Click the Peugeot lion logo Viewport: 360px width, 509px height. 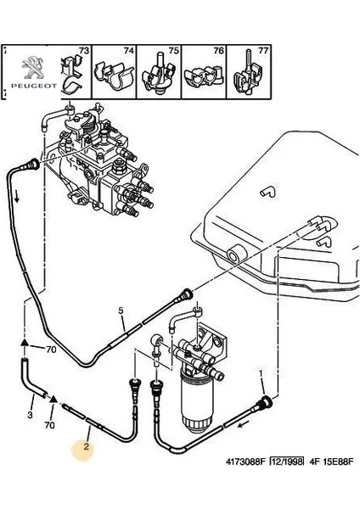pos(34,68)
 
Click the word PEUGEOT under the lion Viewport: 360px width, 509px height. pos(34,86)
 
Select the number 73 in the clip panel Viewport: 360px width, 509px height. pos(83,51)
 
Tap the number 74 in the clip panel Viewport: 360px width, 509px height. pos(129,51)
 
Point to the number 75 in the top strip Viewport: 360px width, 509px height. pos(174,51)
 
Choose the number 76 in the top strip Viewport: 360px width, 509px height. pos(219,51)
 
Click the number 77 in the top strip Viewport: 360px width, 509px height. pos(263,51)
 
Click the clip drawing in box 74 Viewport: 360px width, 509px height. pos(114,77)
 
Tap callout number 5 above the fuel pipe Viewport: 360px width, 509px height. pos(121,310)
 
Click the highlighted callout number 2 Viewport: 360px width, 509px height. pos(86,447)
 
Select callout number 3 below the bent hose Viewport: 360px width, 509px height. pos(30,415)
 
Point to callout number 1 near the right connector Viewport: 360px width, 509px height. pos(261,374)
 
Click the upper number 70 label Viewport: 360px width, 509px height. pos(51,350)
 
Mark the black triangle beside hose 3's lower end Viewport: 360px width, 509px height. pos(53,399)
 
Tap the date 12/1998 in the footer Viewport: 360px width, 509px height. pos(287,461)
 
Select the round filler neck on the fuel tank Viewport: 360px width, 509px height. pos(235,255)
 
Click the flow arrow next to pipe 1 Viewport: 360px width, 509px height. pos(244,424)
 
